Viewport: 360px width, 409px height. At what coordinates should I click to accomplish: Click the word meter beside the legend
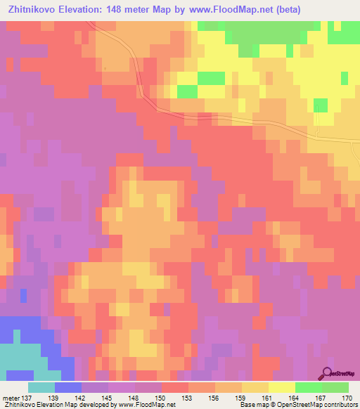(x=10, y=398)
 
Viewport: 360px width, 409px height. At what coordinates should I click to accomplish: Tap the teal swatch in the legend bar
(x=41, y=387)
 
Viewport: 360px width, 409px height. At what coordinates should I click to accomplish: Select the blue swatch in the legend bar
(x=68, y=387)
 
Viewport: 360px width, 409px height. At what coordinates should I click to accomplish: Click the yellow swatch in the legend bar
(x=282, y=387)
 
